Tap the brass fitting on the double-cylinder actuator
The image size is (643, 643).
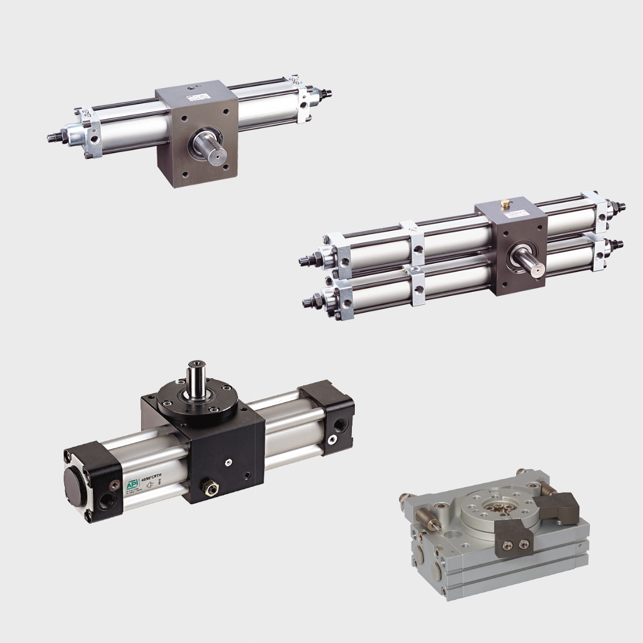(505, 204)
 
